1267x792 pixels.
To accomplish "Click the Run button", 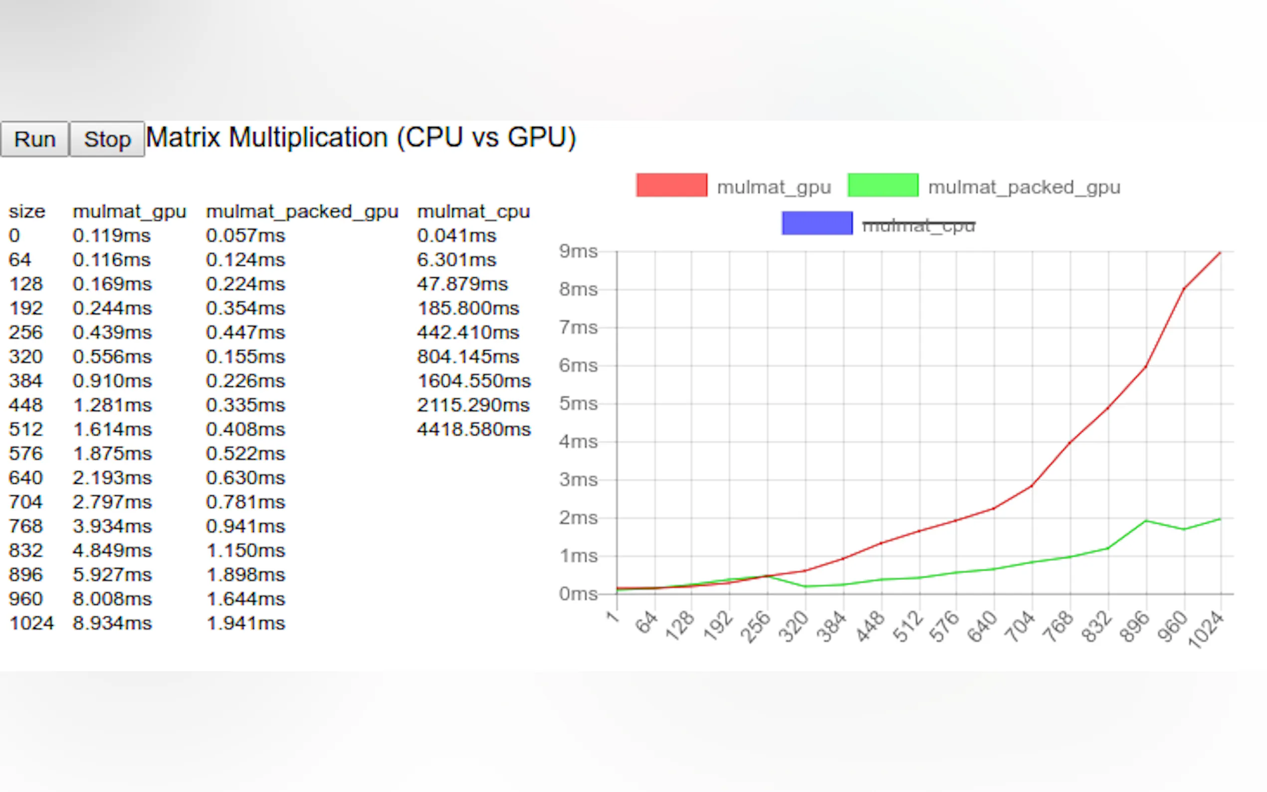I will click(x=34, y=139).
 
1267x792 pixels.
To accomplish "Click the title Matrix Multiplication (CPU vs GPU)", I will click(x=361, y=138).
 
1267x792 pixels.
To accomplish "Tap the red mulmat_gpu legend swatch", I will click(x=671, y=186).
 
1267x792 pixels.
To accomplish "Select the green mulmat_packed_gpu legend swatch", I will click(x=882, y=186).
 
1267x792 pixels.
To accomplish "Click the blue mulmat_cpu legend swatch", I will click(x=817, y=223).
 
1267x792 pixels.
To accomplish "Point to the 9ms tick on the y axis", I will click(x=578, y=251).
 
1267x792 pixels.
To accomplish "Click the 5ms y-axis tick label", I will click(x=578, y=404).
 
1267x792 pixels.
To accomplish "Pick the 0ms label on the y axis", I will click(x=578, y=594).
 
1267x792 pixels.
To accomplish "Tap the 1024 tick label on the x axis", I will click(x=1206, y=630).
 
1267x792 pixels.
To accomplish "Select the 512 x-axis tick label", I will click(x=908, y=627).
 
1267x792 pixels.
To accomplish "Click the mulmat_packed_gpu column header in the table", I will click(x=302, y=211).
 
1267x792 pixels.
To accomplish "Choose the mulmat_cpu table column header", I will click(x=473, y=211).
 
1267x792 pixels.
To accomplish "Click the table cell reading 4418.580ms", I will click(x=473, y=429).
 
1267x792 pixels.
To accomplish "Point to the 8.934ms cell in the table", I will click(x=112, y=623).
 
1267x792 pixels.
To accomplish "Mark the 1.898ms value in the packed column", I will click(x=245, y=575).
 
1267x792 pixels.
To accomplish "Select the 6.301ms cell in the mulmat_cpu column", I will click(x=456, y=260).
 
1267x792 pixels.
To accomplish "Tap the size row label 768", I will click(x=25, y=527).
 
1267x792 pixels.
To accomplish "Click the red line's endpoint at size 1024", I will click(x=1221, y=253).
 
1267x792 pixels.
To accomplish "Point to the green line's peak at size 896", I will click(x=1146, y=521).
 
